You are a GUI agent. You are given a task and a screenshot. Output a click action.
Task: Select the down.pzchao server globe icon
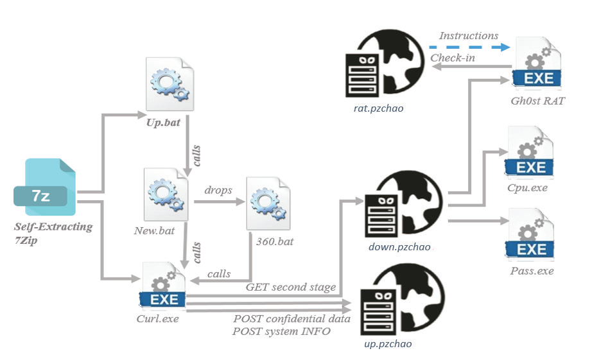pyautogui.click(x=401, y=205)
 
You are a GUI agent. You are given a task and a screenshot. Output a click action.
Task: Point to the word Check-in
pyautogui.click(x=453, y=58)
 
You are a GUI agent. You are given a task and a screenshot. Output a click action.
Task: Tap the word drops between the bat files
pyautogui.click(x=218, y=191)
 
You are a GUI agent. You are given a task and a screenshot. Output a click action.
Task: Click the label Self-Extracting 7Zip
pyautogui.click(x=53, y=232)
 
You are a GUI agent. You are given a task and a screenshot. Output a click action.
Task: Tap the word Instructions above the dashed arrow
pyautogui.click(x=468, y=36)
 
